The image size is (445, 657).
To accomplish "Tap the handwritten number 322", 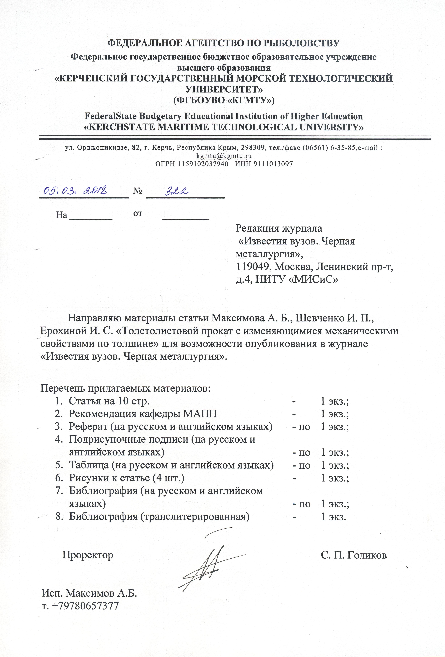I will pyautogui.click(x=177, y=191).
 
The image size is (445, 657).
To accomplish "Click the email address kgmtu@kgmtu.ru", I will pyautogui.click(x=224, y=156).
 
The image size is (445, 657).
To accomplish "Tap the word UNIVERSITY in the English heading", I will pyautogui.click(x=331, y=127).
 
